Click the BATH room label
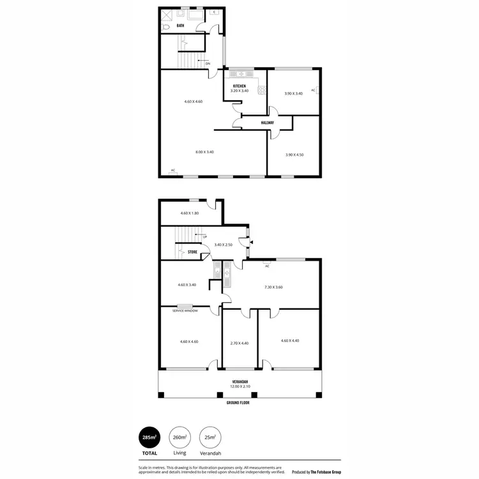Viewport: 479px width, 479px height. point(180,26)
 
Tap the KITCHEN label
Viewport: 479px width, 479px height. point(240,86)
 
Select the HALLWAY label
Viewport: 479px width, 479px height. point(268,123)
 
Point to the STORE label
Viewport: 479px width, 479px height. point(192,252)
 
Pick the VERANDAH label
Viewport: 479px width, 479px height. point(240,382)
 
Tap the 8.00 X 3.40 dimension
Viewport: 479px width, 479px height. point(204,152)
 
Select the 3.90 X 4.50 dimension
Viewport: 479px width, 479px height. point(294,155)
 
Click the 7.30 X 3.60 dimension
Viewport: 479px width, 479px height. point(273,287)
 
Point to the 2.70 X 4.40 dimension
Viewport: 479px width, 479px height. point(239,343)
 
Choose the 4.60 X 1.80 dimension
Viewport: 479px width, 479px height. point(190,213)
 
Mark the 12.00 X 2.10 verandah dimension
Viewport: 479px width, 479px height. point(240,387)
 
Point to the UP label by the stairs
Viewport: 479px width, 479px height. point(204,238)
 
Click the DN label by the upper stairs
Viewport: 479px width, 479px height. point(208,63)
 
